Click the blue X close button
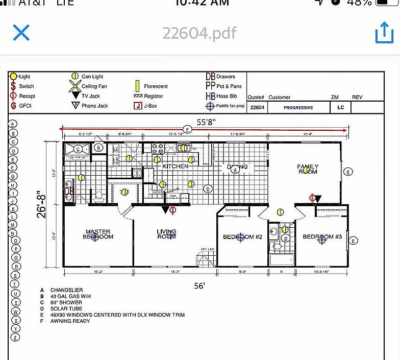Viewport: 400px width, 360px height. pos(21,33)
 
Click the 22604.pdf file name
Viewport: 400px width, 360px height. pos(199,33)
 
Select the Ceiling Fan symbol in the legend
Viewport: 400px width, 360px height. pos(75,86)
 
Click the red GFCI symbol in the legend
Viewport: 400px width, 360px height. pos(13,106)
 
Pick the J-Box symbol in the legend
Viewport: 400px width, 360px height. pos(137,106)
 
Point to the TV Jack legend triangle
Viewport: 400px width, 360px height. pos(75,95)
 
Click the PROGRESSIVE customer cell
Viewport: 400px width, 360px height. pos(298,108)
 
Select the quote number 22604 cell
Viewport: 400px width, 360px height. pos(258,108)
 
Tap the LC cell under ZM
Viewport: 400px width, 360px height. pos(340,108)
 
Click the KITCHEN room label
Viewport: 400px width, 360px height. pos(175,166)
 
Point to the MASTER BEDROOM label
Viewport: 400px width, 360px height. pos(98,234)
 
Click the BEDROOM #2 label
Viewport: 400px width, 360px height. pos(242,237)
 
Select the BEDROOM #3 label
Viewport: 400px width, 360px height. pos(322,237)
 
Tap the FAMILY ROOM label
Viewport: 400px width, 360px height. pos(308,169)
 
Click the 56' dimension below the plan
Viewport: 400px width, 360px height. pos(199,286)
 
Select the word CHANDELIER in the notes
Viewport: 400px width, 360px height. pos(66,290)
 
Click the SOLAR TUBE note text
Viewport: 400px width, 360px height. pos(66,308)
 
